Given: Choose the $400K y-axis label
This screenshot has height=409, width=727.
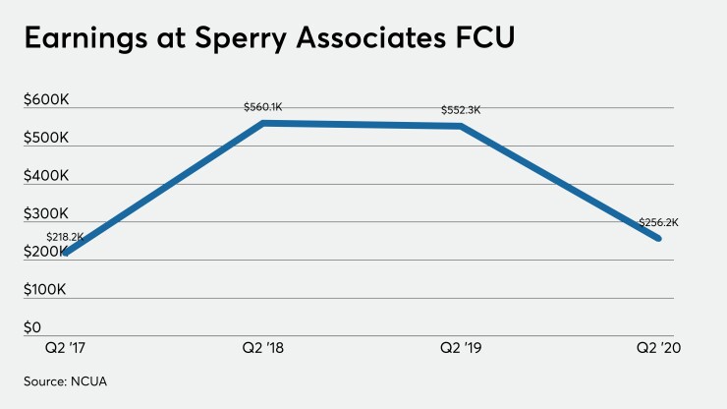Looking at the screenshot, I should point(46,176).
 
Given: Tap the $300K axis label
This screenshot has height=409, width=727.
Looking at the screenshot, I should point(46,213).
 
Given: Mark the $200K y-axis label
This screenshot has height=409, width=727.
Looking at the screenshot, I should point(46,252).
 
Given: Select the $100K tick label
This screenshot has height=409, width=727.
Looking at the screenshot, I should point(46,290).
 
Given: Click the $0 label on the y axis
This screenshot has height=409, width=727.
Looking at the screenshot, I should point(32,327).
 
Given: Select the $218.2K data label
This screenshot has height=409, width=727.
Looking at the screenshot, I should point(65,238).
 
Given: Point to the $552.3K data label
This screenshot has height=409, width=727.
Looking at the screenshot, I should point(462,110).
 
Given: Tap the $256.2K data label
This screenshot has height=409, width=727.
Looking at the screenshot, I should point(658,222).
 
